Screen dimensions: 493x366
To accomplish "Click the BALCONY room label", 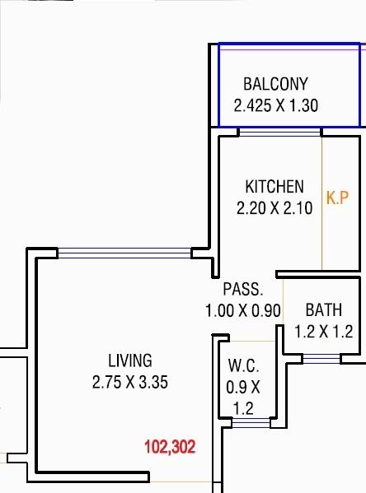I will pos(275,84).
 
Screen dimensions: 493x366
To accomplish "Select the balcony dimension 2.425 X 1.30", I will pos(275,105).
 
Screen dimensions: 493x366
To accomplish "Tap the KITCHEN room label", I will pos(274,187).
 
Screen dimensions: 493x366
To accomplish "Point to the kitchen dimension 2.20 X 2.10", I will pos(274,208).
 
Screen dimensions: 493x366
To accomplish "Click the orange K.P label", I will pos(336,198).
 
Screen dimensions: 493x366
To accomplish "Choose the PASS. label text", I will pos(243,290).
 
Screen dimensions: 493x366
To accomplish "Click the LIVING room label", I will pos(130,360).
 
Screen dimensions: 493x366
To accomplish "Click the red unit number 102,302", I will pos(170,448).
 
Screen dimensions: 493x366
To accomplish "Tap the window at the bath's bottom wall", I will pos(321,358).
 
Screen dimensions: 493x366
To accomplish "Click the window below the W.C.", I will pos(251,423).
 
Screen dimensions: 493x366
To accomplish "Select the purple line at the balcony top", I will pos(289,50).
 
